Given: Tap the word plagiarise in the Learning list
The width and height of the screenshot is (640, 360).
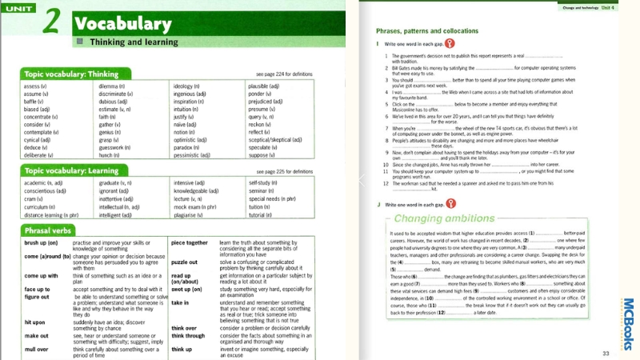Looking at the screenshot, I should coord(189,215).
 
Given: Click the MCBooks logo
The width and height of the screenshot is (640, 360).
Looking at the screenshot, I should coord(627,324).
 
